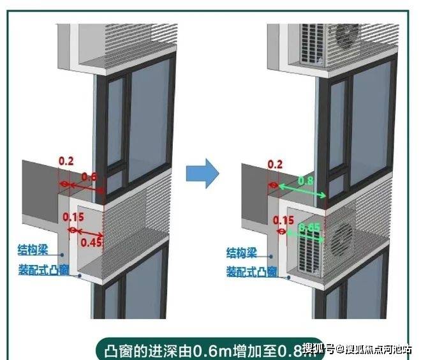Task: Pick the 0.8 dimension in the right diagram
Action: coord(305,180)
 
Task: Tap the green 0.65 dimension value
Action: coord(309,227)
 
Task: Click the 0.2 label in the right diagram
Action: coord(276,165)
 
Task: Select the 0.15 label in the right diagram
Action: coord(279,220)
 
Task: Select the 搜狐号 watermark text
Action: coord(319,349)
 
